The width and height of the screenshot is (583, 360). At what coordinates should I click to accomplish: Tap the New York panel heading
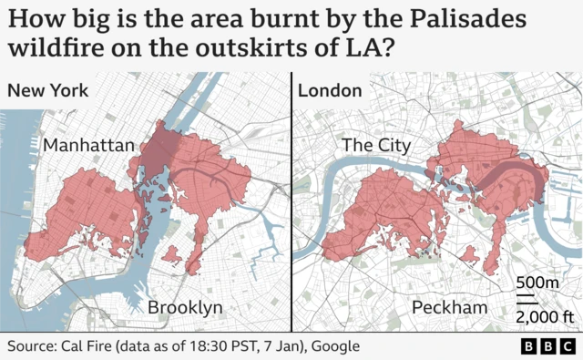[x=47, y=91]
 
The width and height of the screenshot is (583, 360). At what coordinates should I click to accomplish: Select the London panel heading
[x=330, y=91]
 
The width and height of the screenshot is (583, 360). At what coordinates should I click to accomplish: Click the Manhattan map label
[x=88, y=145]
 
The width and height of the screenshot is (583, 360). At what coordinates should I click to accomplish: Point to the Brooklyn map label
[x=185, y=307]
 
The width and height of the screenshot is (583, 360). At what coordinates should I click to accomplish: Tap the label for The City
[x=375, y=145]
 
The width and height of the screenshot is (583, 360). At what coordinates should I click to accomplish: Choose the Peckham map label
[x=450, y=307]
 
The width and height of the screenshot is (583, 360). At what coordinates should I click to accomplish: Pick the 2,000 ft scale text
[x=544, y=316]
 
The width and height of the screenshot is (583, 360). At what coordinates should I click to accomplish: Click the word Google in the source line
[x=333, y=347]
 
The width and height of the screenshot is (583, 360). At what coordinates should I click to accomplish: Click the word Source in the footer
[x=32, y=347]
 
